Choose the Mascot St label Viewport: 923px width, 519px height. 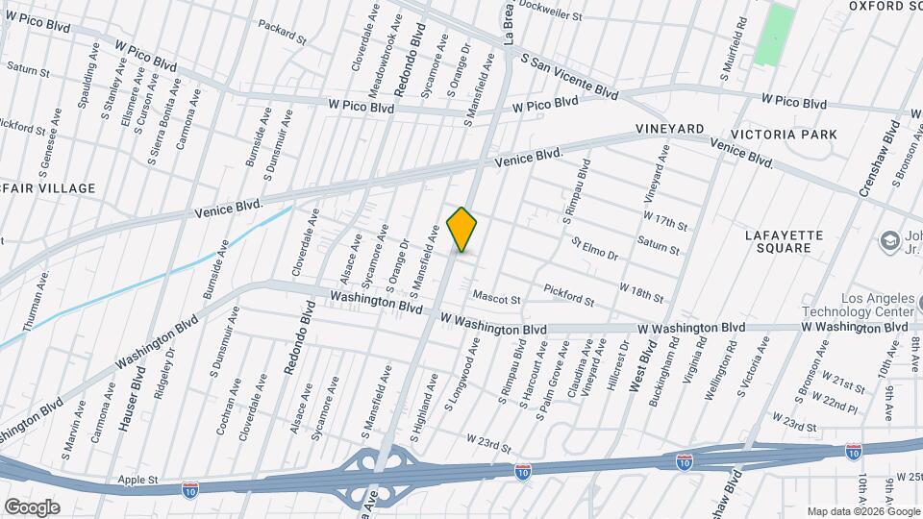tap(496, 300)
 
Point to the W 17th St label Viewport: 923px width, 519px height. tap(666, 221)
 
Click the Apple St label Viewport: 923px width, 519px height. tap(137, 479)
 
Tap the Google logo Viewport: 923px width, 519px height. tap(32, 507)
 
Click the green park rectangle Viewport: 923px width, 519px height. tap(775, 35)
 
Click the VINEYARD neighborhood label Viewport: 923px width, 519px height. tap(669, 128)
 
